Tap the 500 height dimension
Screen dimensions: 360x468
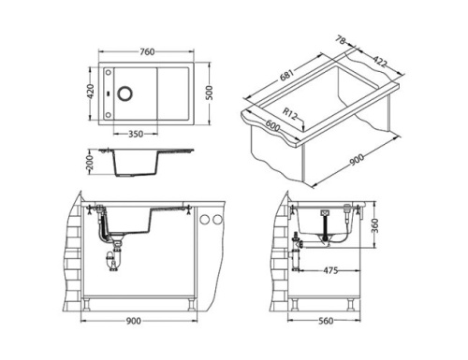210,92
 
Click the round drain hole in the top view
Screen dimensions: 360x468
123,93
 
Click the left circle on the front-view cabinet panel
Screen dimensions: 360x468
205,220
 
